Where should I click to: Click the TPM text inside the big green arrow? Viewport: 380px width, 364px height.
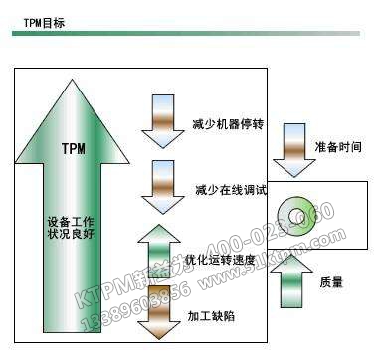[x=73, y=150]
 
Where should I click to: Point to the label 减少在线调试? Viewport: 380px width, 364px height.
[x=219, y=190]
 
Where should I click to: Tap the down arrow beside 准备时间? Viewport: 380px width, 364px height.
[x=291, y=144]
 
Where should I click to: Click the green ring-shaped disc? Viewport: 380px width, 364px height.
[x=295, y=212]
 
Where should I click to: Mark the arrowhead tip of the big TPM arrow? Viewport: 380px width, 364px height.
[x=72, y=83]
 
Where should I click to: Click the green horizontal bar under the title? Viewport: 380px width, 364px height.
[x=189, y=34]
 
